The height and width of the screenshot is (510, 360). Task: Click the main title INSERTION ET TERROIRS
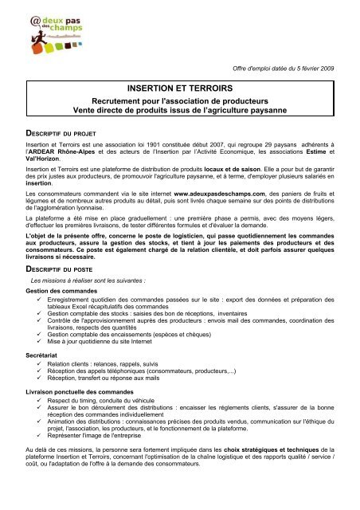click(x=178, y=89)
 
